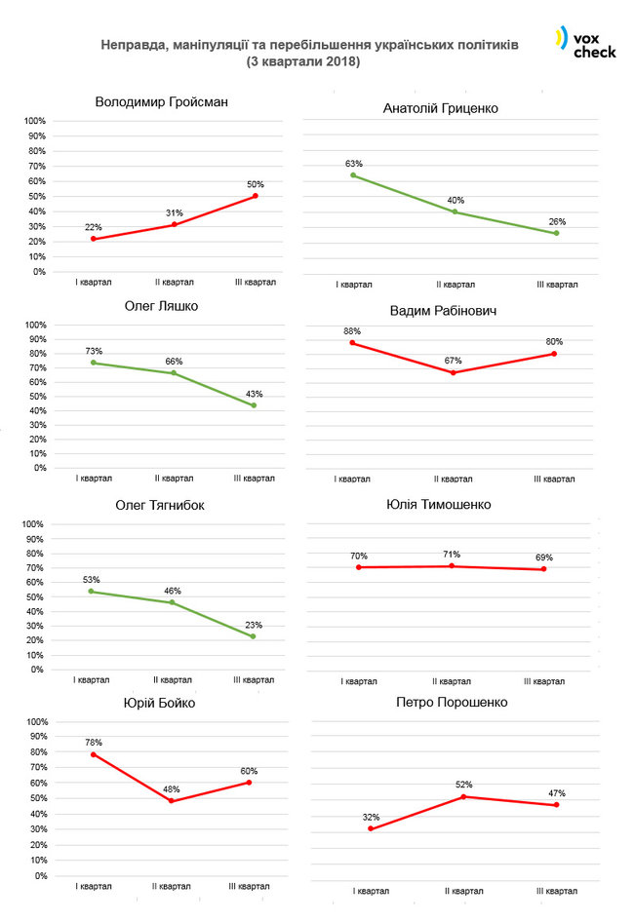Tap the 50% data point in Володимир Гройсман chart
click(256, 196)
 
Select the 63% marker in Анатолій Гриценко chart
click(353, 175)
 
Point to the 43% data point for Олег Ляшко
click(255, 405)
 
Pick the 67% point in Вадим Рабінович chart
click(455, 372)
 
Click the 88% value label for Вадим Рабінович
click(352, 330)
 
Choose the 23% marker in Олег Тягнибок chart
click(253, 636)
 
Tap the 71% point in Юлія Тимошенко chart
click(452, 566)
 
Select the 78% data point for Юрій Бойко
click(94, 754)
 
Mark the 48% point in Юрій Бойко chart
click(172, 801)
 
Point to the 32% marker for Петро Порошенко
click(371, 829)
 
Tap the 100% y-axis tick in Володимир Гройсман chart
click(35, 121)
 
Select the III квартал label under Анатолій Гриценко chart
click(557, 286)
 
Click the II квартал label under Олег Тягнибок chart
click(173, 680)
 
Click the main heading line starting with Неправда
click(310, 45)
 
